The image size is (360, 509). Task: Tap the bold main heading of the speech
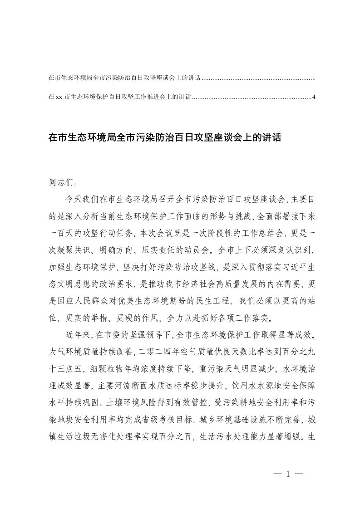[165, 138]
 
